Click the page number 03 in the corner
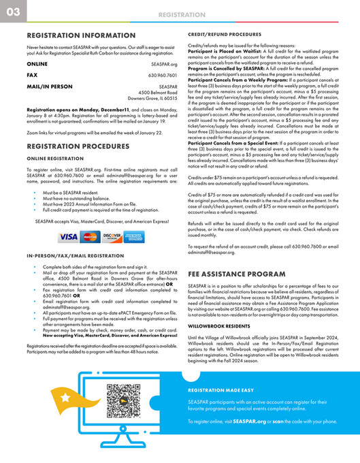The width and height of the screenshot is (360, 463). (12, 12)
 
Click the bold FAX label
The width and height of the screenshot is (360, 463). (32, 75)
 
